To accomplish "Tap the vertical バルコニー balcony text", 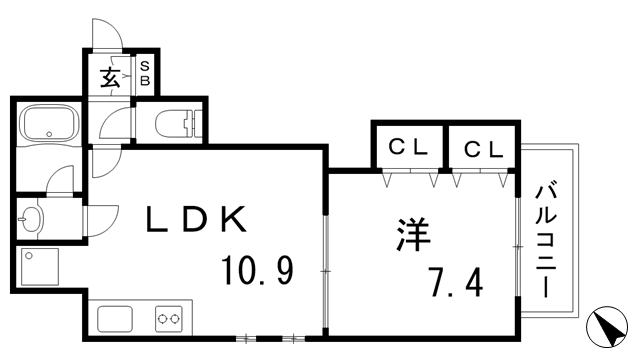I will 547,240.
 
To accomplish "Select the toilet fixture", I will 180,123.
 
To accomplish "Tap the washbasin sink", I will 31,216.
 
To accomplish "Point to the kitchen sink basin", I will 112,321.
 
